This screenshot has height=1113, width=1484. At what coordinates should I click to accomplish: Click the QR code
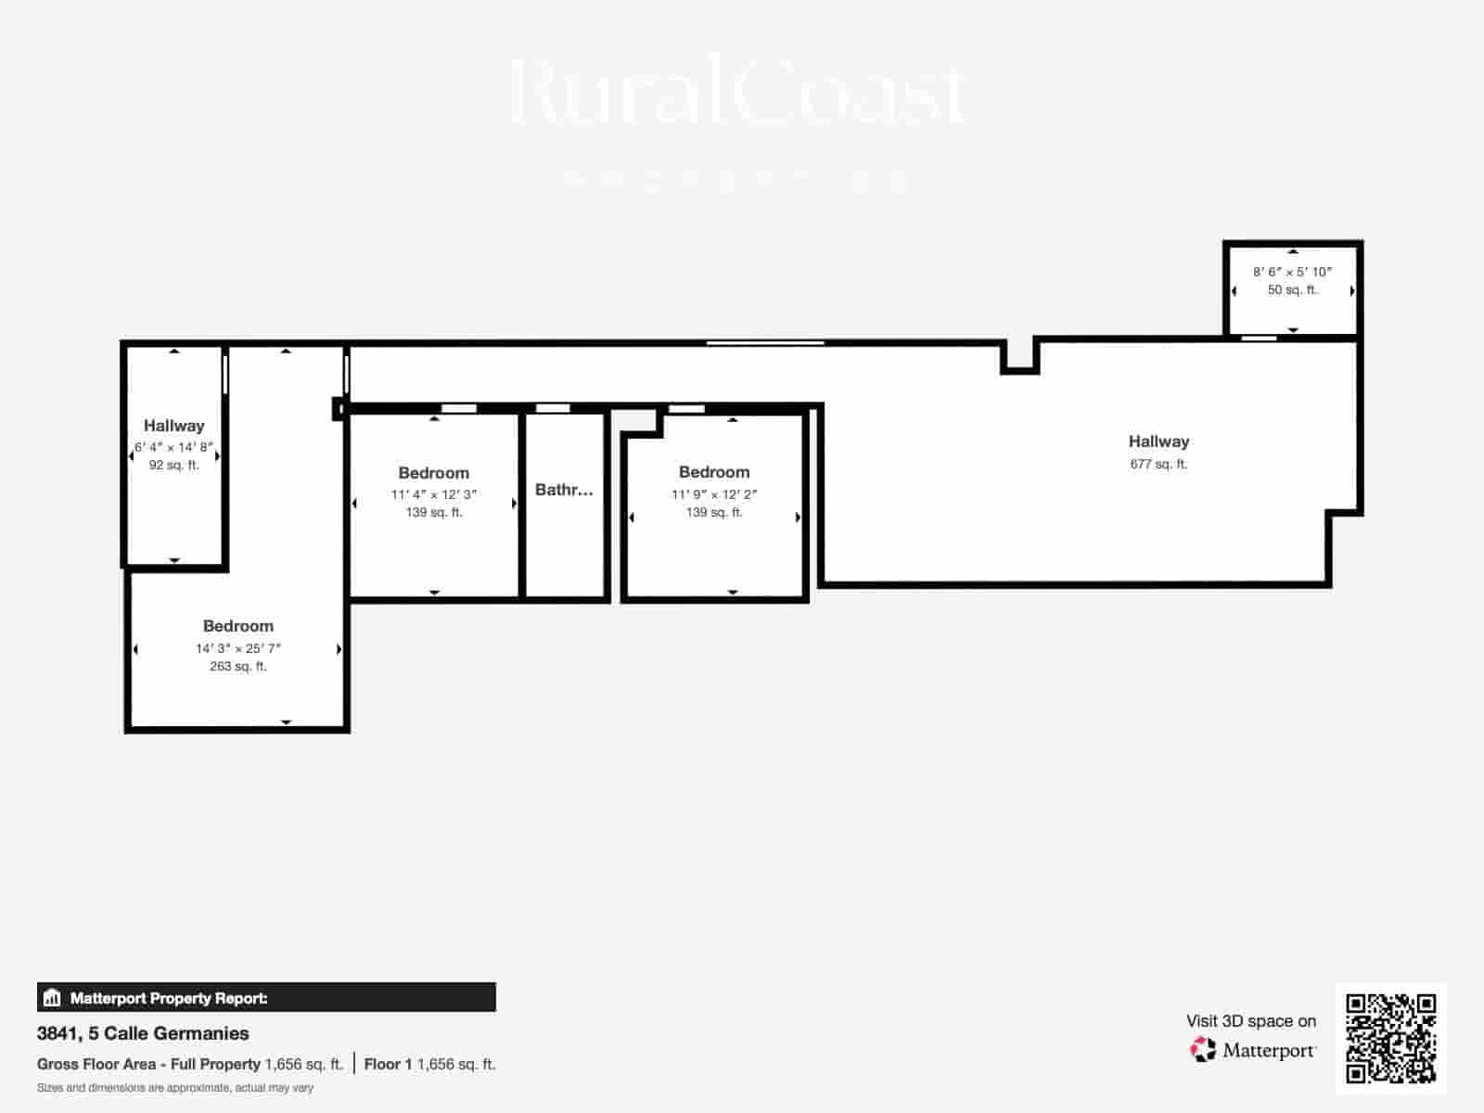coord(1390,1038)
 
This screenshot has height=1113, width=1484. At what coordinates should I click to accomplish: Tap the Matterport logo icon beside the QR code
coord(1203,1050)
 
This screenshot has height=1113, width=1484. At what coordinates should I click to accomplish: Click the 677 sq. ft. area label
coord(1158,464)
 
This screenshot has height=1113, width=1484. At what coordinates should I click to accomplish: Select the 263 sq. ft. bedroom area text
coord(237,666)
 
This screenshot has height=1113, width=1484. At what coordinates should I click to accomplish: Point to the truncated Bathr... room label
coord(564,490)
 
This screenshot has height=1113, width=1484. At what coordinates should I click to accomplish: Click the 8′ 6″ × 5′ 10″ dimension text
coord(1292,272)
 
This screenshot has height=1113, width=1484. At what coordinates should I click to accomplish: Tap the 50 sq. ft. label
coord(1292,289)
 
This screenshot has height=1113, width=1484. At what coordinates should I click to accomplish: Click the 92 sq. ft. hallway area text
coord(173,465)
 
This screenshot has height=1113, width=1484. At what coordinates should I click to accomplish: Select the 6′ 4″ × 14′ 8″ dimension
coord(173,447)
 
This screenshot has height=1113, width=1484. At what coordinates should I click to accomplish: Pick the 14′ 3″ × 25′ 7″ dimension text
coord(237,648)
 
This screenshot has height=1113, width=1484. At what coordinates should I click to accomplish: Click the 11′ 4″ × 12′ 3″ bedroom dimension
coord(433,494)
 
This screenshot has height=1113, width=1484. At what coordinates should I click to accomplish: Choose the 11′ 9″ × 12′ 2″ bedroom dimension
coord(714,494)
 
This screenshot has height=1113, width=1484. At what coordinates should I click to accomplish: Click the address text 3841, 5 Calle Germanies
coord(143,1033)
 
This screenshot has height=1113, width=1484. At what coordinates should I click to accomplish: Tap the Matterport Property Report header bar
coord(266,998)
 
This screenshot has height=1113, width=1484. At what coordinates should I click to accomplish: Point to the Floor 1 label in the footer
coord(387,1064)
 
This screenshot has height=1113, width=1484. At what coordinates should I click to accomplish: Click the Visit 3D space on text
coord(1250,1021)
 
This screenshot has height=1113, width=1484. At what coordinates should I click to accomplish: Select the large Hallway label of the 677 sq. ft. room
coord(1158,441)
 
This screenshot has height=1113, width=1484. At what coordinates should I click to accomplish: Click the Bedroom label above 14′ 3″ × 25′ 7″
coord(237,626)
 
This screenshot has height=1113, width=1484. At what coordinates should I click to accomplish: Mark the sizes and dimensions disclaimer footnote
coord(175,1088)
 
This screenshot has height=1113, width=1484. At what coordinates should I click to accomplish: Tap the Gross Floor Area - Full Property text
coord(148,1064)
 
